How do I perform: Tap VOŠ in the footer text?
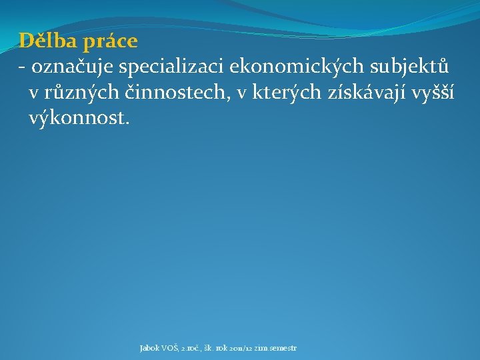[170, 348]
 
